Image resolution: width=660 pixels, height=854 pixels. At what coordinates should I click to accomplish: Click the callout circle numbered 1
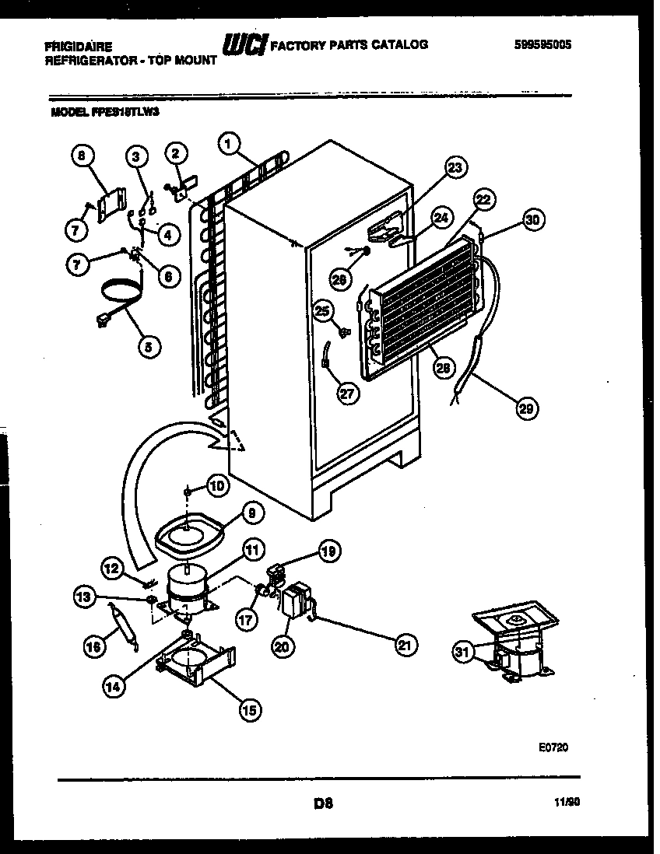pos(227,142)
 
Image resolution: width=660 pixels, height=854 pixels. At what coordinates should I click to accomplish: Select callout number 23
pos(455,167)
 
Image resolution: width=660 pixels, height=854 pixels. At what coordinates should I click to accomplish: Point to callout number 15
pos(251,709)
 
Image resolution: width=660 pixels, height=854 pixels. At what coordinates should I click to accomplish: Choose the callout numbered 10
pos(217,486)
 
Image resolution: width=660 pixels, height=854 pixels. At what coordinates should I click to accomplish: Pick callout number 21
pos(405,644)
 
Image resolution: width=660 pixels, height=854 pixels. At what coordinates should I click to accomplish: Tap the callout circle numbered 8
pos(81,156)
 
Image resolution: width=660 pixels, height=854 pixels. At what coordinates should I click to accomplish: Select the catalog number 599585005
pos(542,45)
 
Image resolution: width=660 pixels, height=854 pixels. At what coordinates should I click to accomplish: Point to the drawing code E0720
pos(553,747)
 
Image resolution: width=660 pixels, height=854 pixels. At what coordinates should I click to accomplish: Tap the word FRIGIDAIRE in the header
pos(79,47)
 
